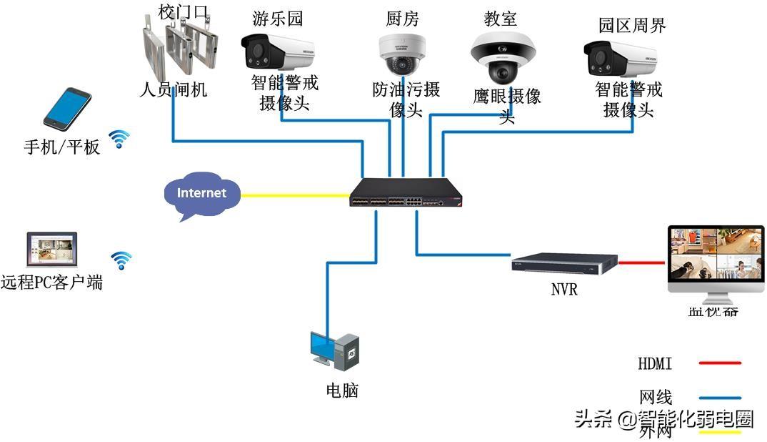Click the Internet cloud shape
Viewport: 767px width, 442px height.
pos(201,195)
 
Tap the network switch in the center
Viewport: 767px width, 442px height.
pos(404,193)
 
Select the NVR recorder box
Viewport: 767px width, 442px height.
pos(564,263)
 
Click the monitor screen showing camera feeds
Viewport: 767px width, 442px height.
pos(715,254)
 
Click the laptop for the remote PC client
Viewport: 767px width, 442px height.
pos(51,251)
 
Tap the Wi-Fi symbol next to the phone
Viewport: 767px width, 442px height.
pos(119,139)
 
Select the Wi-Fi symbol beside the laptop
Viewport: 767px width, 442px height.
pos(121,260)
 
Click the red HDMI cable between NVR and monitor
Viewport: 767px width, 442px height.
pos(641,262)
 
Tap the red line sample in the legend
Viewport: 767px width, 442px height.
pos(720,363)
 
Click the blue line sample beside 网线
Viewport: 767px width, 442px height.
pos(720,398)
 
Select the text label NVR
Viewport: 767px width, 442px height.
pos(564,290)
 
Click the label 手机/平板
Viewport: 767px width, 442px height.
pos(62,147)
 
